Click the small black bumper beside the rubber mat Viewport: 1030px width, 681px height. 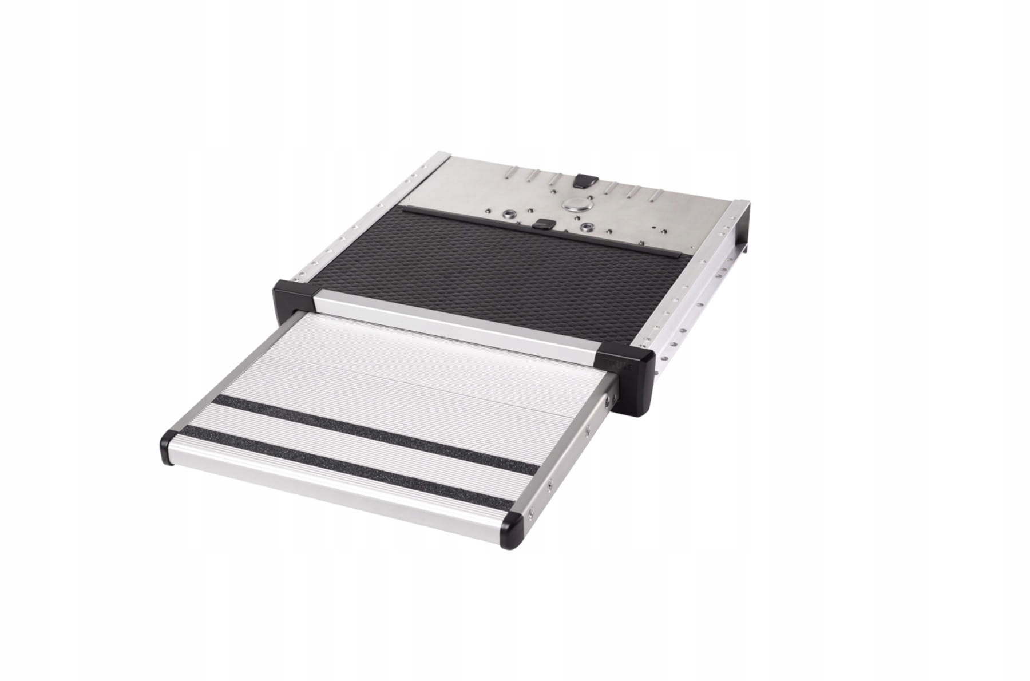coord(542,224)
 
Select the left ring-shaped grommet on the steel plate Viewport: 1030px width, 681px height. coord(506,216)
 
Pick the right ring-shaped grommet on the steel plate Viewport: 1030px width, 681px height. coord(585,227)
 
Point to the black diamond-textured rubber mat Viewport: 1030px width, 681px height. coord(486,269)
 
